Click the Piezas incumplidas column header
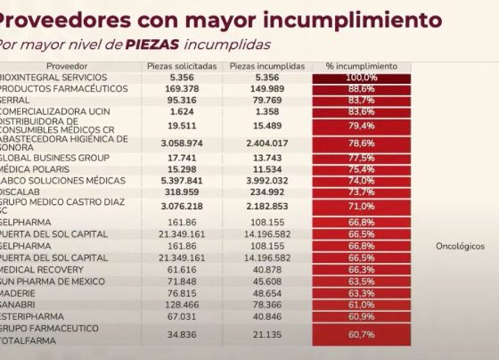[x=266, y=67]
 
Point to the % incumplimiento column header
[x=362, y=67]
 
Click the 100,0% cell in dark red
[x=362, y=78]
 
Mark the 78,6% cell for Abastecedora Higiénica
[x=362, y=143]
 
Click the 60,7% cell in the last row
[x=362, y=334]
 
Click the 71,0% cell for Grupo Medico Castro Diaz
[x=362, y=206]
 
